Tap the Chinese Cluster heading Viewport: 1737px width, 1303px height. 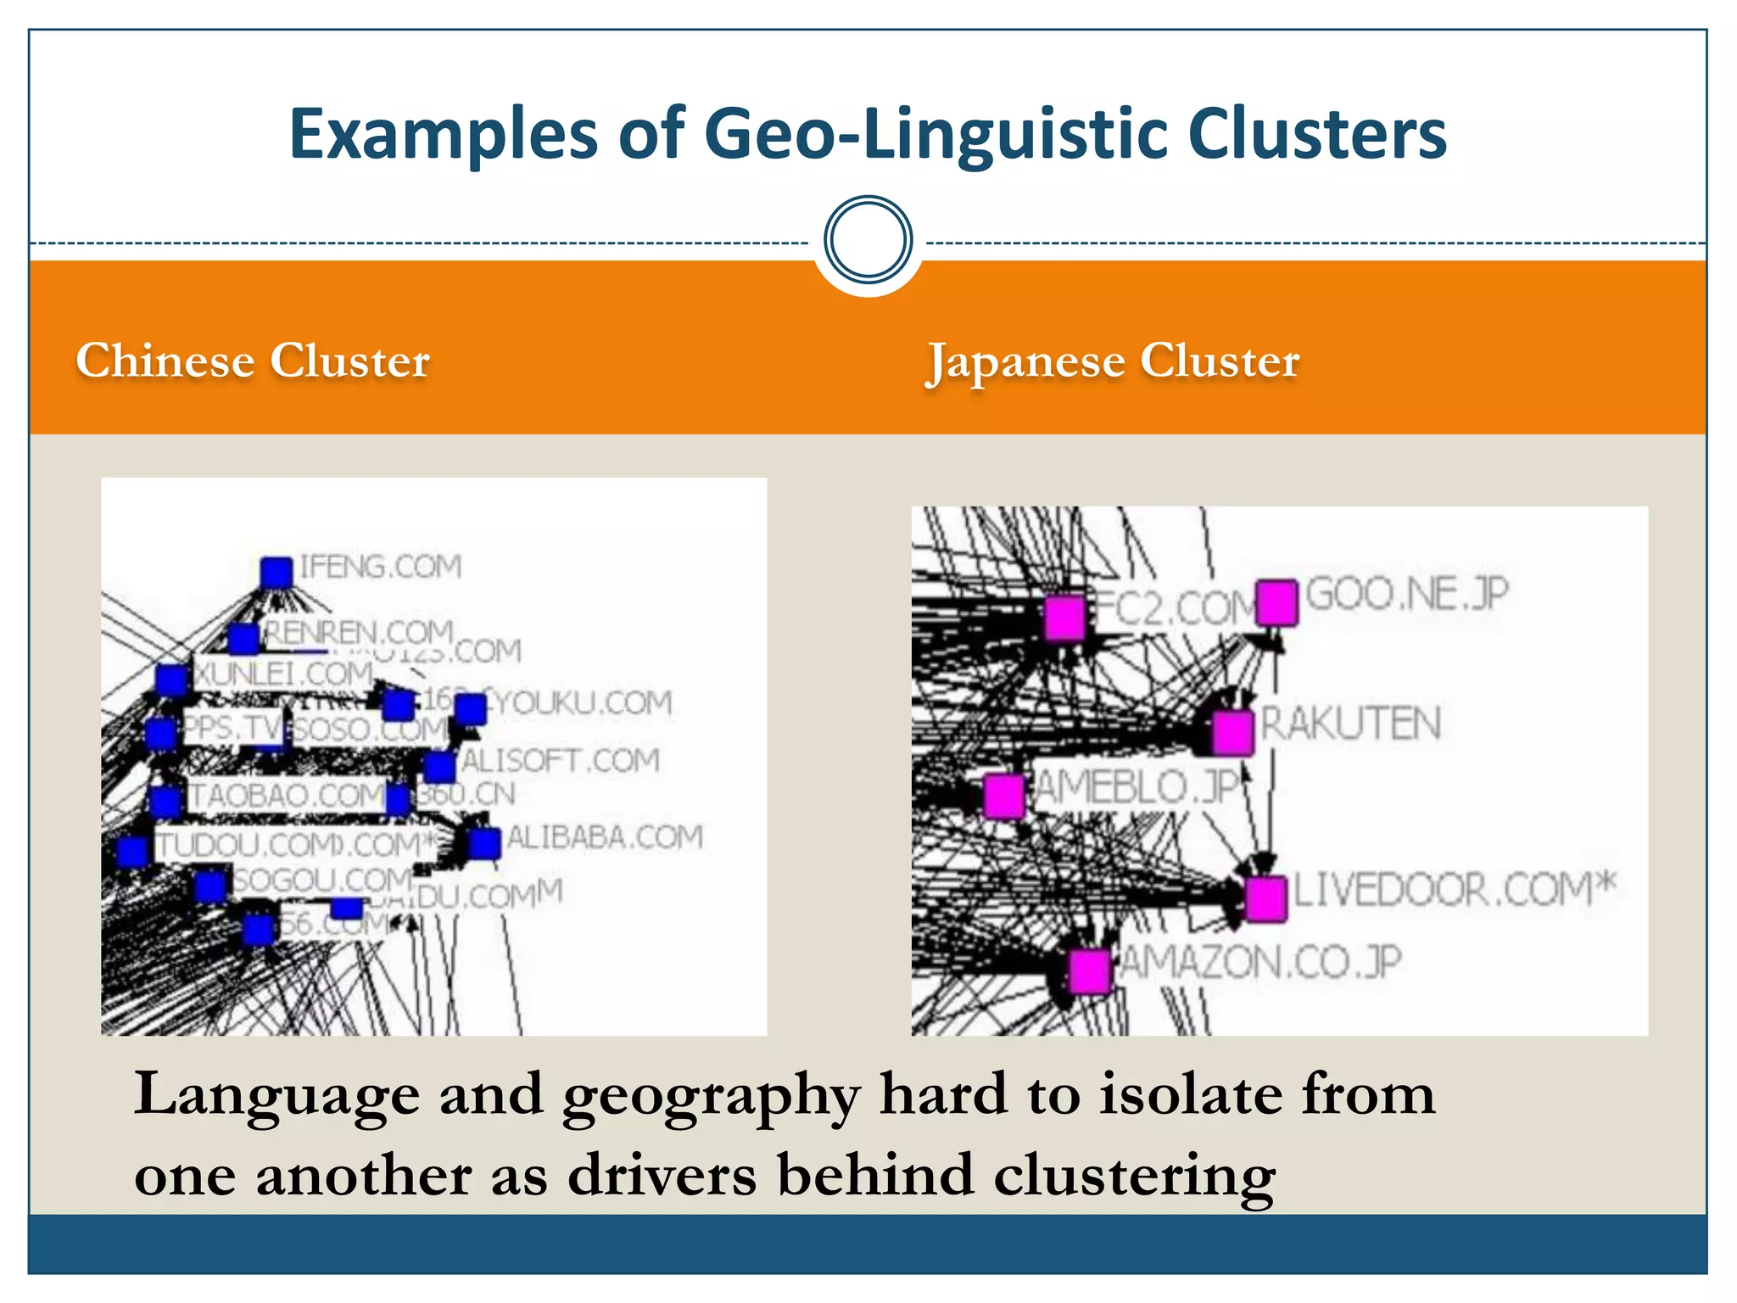[x=253, y=361]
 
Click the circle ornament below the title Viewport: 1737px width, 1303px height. [x=868, y=240]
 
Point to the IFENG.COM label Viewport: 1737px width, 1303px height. [x=381, y=566]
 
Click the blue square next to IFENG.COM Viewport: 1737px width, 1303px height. [x=276, y=573]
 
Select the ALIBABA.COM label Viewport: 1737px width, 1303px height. [x=606, y=837]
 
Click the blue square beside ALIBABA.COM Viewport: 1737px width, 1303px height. [x=484, y=844]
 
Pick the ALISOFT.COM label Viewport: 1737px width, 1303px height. [x=561, y=760]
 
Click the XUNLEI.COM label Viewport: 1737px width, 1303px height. [x=283, y=674]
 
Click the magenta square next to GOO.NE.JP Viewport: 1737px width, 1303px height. [x=1276, y=602]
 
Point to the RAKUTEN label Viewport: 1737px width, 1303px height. [x=1351, y=724]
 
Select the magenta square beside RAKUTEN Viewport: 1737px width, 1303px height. [x=1232, y=732]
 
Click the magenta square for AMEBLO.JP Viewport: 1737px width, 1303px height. [x=1004, y=796]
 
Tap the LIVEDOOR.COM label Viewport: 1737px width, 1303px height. [x=1453, y=890]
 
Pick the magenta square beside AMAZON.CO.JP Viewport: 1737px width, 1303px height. [x=1089, y=970]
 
